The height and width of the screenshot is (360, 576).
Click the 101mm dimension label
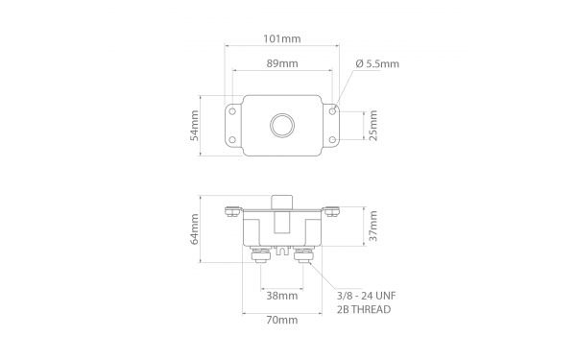click(281, 38)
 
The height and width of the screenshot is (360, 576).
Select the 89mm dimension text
click(282, 63)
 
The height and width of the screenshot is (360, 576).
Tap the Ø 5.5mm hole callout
click(377, 64)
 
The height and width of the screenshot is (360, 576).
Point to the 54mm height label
click(194, 126)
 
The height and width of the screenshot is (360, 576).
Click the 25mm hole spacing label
click(372, 125)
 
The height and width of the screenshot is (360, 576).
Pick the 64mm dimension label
click(194, 229)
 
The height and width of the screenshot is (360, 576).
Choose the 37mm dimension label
click(372, 226)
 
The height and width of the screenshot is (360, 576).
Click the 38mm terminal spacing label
click(282, 296)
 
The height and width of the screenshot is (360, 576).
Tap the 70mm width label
click(282, 321)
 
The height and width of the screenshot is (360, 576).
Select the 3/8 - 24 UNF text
click(367, 296)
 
